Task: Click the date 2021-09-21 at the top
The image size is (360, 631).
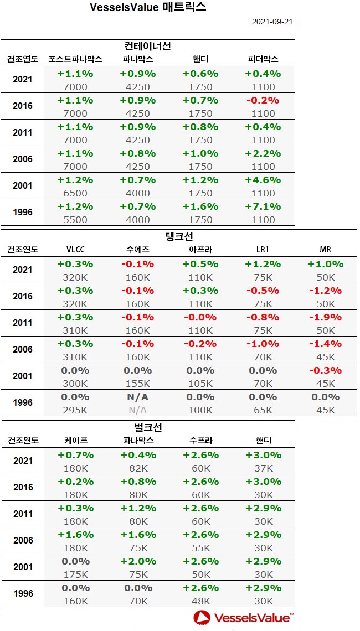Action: (272, 22)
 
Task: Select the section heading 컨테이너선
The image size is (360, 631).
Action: (147, 46)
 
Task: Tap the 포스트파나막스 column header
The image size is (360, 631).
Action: (75, 59)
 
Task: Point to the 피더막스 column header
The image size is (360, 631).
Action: (263, 59)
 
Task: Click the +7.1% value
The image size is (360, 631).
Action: (263, 206)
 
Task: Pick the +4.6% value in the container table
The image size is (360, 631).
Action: (263, 180)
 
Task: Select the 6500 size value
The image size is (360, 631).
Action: (76, 193)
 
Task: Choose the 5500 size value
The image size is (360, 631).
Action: (76, 220)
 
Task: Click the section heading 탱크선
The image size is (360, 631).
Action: (179, 236)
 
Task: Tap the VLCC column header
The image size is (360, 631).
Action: (76, 250)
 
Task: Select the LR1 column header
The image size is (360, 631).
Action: (263, 250)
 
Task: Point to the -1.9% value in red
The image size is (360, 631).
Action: (325, 317)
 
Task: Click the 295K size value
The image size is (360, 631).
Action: (76, 410)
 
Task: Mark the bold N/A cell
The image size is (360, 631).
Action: (138, 397)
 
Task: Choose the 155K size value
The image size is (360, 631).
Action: (138, 384)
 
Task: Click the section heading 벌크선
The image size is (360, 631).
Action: (147, 427)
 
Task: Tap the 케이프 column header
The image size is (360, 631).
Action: (76, 441)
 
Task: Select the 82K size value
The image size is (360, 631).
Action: (138, 468)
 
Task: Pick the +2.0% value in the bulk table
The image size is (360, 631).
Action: (138, 561)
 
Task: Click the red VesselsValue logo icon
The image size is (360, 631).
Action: (202, 617)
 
